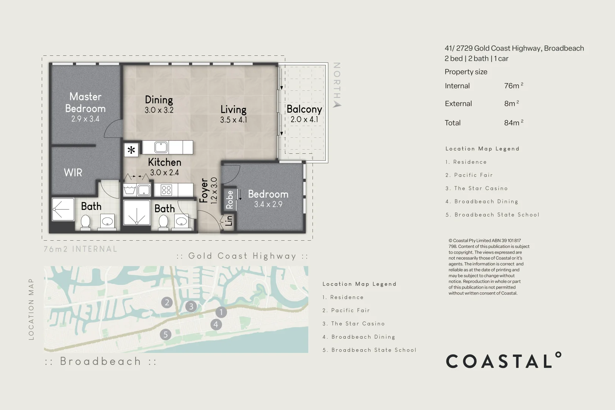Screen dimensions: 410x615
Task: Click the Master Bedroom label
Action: coord(85,102)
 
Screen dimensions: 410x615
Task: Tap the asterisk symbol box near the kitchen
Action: coord(131,150)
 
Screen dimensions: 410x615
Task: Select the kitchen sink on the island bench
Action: coord(161,147)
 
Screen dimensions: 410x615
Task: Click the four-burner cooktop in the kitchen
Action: coord(166,190)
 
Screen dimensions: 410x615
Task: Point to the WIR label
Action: coord(73,173)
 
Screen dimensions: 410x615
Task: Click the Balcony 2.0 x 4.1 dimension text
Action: coord(304,120)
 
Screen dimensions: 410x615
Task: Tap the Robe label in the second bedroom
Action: coord(230,200)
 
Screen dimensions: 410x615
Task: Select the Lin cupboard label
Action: coord(229,221)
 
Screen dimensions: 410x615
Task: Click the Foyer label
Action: coord(204,191)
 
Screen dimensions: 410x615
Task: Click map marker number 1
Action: coord(221,312)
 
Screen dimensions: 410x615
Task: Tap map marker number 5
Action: coord(165,334)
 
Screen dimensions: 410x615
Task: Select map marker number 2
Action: coord(167,303)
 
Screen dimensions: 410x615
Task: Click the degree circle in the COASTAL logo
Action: coord(558,355)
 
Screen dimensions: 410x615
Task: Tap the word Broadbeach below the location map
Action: coord(101,361)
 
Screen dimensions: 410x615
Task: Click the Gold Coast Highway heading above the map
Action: coord(242,256)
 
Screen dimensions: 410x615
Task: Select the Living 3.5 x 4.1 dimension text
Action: coord(233,120)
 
